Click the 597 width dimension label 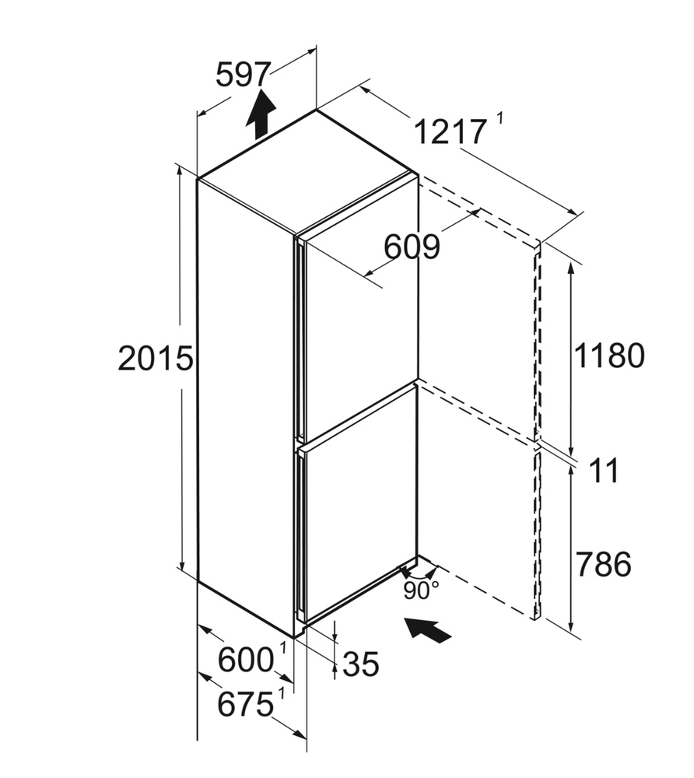244,75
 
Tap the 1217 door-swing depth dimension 450,132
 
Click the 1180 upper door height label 609,356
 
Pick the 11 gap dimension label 605,471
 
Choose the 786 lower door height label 604,563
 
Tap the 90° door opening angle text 421,591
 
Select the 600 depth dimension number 246,661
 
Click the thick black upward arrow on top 261,114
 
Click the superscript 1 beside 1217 499,119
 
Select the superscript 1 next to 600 283,648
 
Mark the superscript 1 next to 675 282,693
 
